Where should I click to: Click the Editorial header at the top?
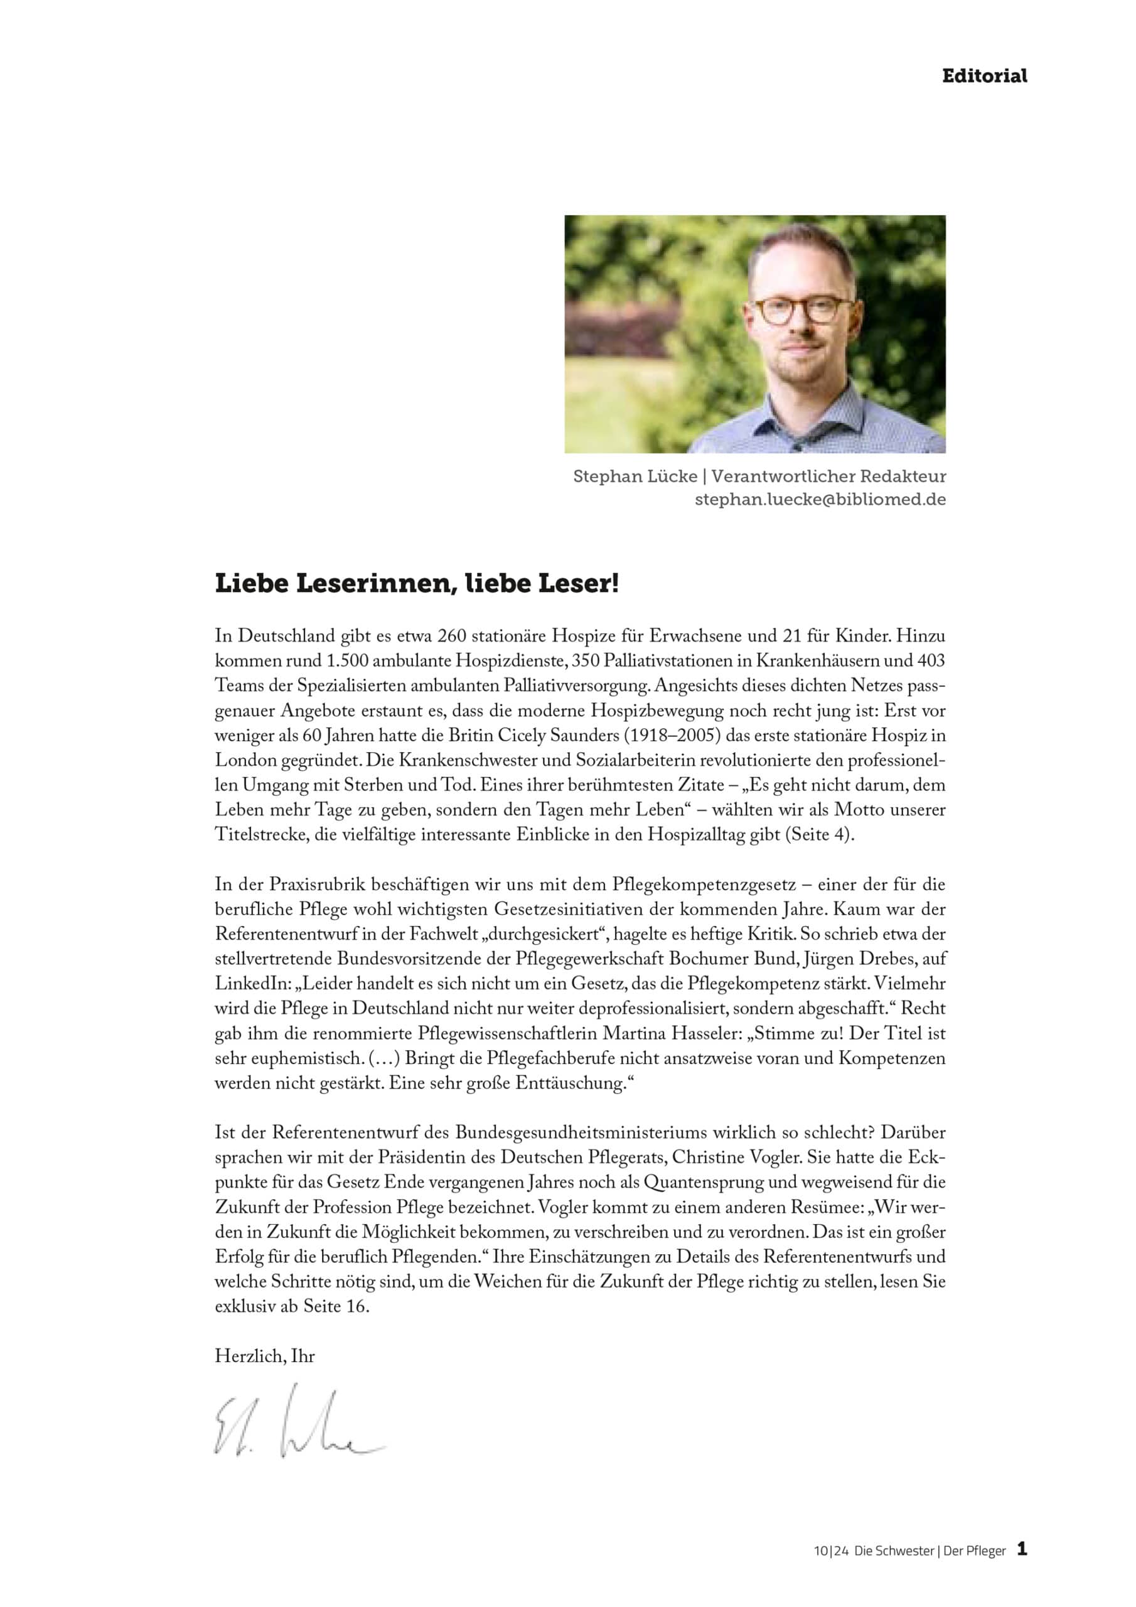coord(983,77)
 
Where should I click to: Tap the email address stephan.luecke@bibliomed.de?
coord(820,500)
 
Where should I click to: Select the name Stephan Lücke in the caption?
coord(635,476)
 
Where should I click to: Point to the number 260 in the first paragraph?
coord(451,637)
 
